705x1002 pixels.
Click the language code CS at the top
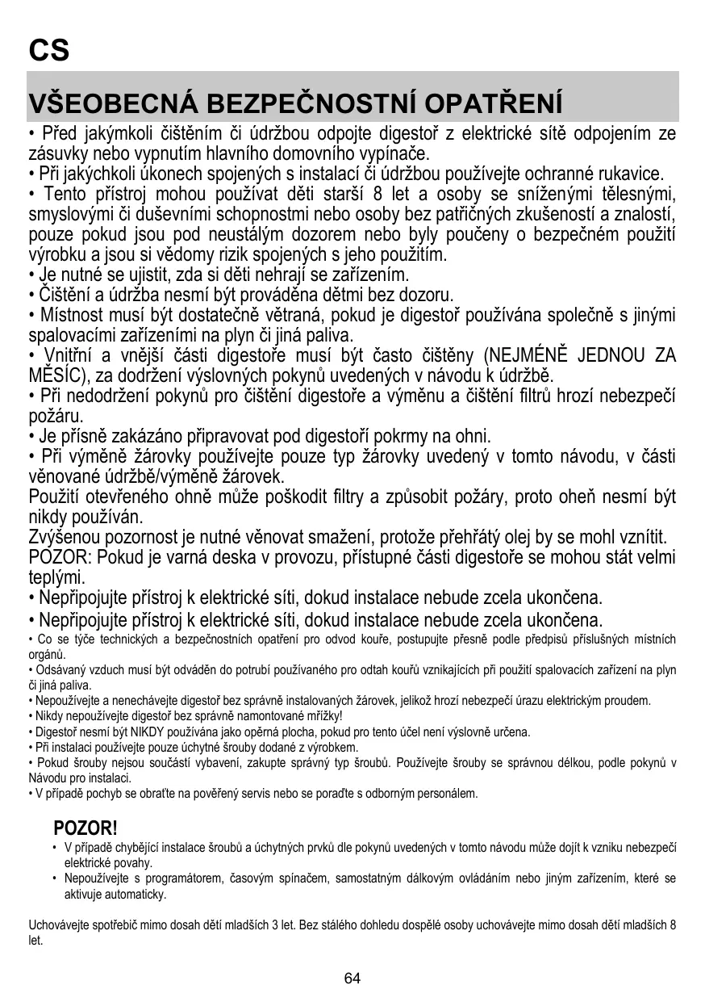(x=49, y=50)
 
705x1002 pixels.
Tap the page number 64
(x=352, y=979)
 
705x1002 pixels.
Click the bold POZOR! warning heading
(x=86, y=828)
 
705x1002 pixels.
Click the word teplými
(x=56, y=578)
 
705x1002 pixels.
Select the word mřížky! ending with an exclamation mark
(x=321, y=716)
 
